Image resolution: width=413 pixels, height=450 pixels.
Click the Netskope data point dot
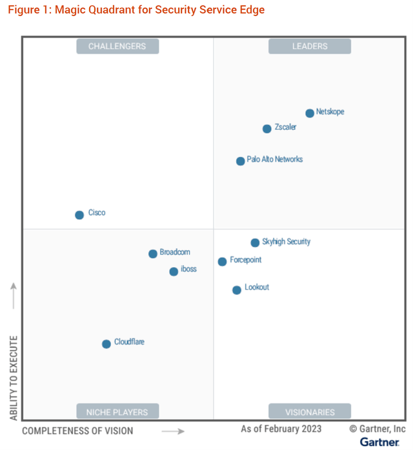click(x=310, y=113)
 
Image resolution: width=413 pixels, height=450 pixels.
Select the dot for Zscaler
click(x=267, y=129)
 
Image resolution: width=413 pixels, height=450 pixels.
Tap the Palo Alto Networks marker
click(x=241, y=161)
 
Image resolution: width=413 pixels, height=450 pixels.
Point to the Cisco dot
click(x=79, y=215)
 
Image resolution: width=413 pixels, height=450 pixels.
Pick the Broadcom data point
click(x=153, y=253)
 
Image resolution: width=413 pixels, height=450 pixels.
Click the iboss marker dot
click(x=174, y=272)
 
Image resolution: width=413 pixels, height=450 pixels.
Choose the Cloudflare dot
click(x=106, y=344)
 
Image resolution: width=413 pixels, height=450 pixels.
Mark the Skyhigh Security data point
click(x=255, y=243)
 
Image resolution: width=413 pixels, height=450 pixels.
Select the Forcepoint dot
click(x=222, y=262)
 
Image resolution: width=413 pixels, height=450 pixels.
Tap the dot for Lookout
click(x=237, y=290)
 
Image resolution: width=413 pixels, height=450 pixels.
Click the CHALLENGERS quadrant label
click(x=117, y=46)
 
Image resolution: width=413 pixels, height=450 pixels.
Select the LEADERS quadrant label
click(x=310, y=46)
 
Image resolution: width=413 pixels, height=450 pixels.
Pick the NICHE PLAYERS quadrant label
click(x=117, y=411)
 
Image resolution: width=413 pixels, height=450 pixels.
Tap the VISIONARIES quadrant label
click(x=310, y=411)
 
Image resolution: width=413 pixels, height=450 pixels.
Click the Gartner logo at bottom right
click(x=379, y=442)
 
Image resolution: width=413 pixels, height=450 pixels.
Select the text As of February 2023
click(x=281, y=429)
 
